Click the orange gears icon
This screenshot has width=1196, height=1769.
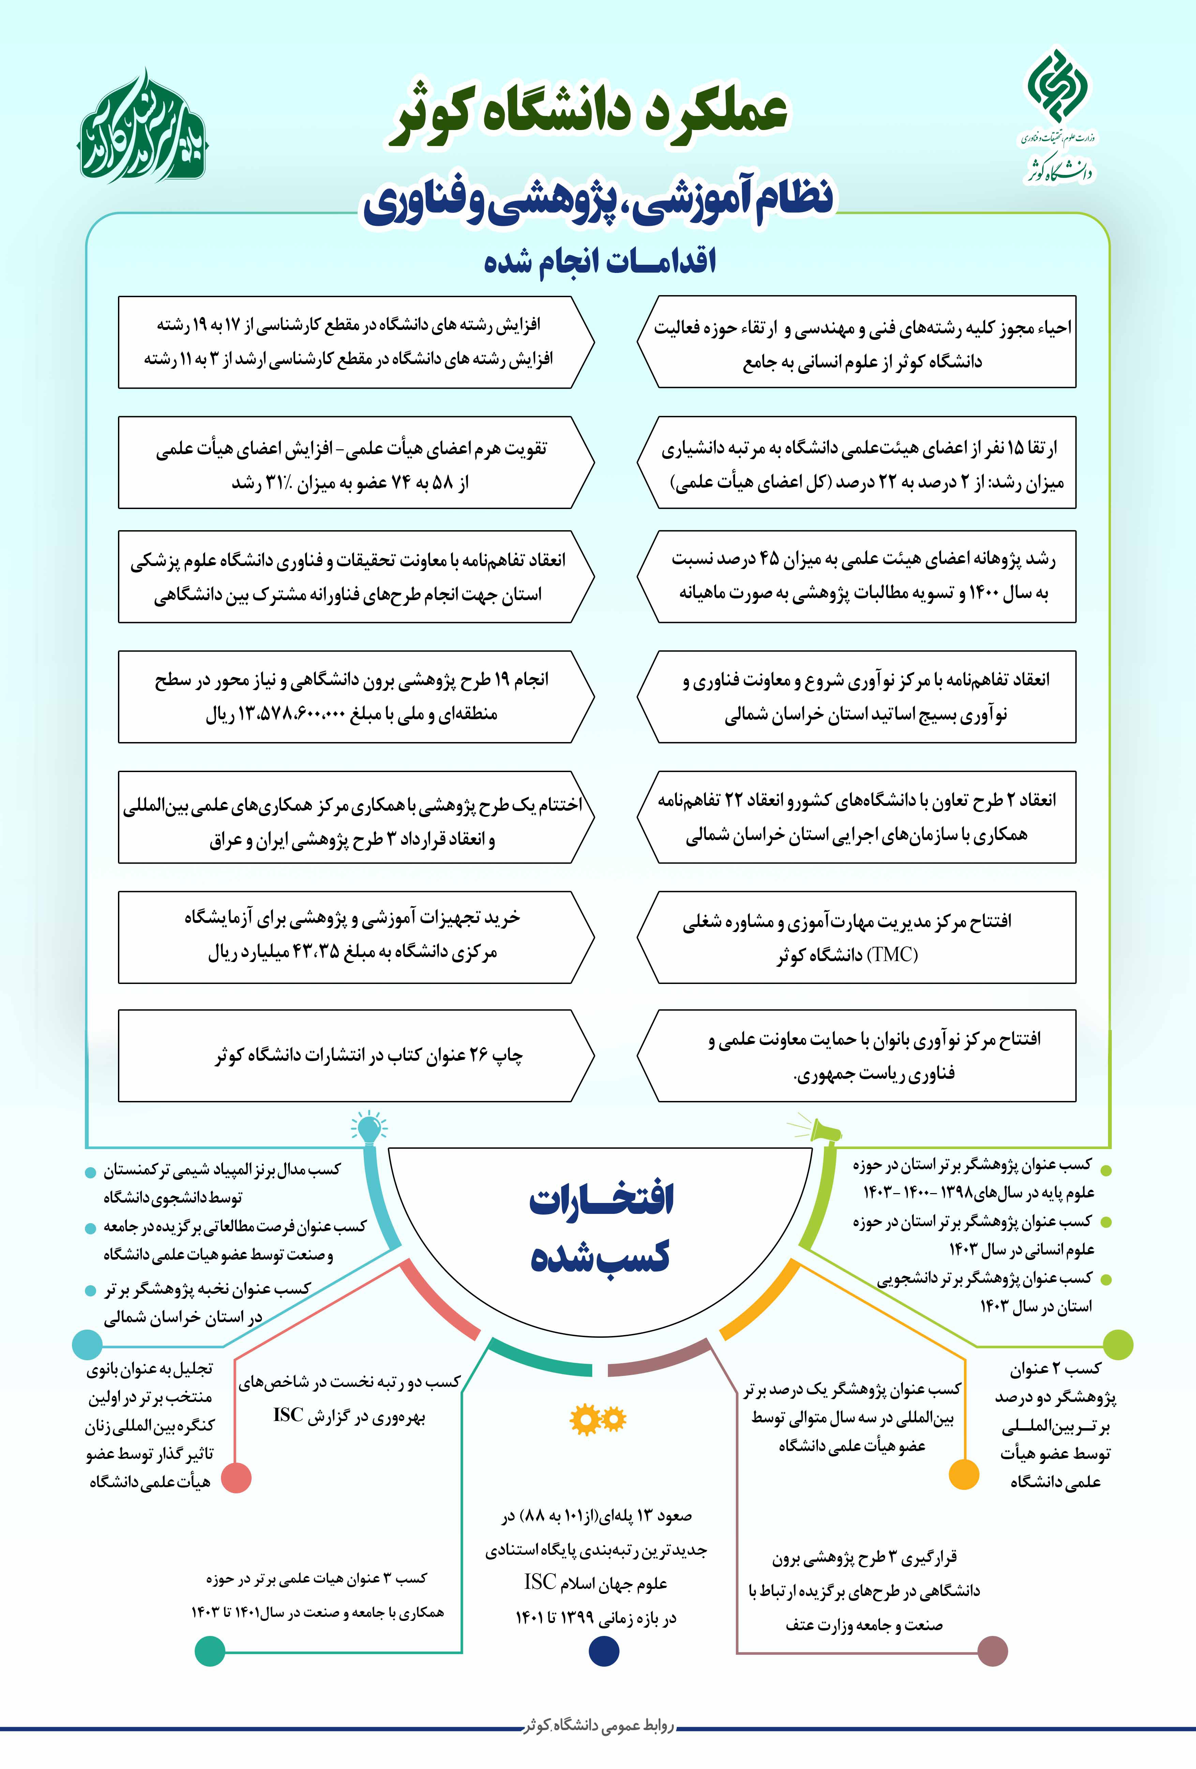click(598, 1420)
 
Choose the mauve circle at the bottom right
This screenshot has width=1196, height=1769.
click(992, 1651)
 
